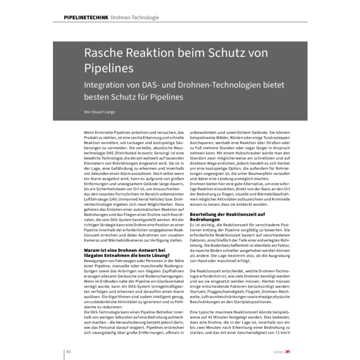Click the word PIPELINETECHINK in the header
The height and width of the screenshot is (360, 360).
(x=85, y=17)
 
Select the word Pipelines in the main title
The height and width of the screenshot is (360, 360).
(x=109, y=68)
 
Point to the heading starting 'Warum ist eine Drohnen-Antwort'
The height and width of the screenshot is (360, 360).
(x=125, y=251)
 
